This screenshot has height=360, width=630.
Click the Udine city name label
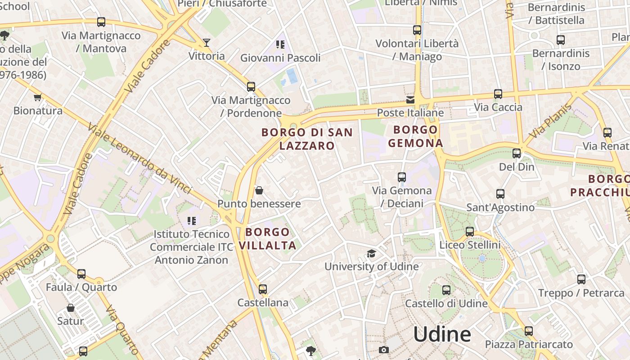point(442,334)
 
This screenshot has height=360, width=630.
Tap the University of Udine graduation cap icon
point(371,254)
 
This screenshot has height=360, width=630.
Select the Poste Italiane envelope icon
point(410,100)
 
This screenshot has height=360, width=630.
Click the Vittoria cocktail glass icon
point(207,43)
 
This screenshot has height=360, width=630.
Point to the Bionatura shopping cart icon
point(38,97)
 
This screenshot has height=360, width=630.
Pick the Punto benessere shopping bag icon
point(259,191)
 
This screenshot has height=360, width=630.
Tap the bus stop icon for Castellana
point(263,289)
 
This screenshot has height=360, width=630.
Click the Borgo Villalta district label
point(268,238)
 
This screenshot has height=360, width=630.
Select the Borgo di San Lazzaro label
point(307,139)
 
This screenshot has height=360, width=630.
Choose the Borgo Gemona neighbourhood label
point(415,136)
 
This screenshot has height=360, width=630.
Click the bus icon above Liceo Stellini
point(470,232)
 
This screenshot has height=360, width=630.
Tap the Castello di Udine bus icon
point(446,290)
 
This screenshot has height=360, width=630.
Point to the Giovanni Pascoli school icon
point(280,45)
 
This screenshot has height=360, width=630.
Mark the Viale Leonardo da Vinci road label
point(140,160)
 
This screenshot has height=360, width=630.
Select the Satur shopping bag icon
point(71,308)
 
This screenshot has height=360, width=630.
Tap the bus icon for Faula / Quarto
point(81,274)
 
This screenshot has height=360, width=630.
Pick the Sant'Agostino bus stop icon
point(500,194)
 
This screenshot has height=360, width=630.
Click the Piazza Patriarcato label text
point(529,344)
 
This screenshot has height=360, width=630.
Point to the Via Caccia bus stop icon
point(498,94)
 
